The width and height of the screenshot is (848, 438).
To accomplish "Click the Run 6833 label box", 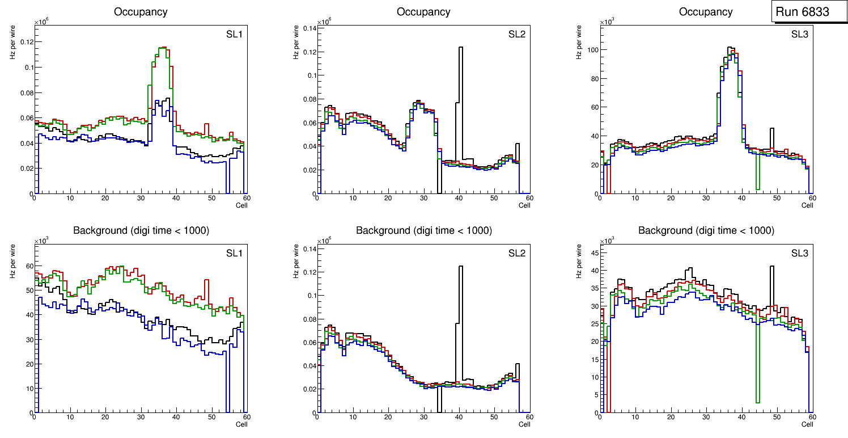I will [x=802, y=12].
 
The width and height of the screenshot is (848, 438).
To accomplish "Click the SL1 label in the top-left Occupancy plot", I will [x=234, y=34].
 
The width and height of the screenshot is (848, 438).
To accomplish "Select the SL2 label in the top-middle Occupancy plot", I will [x=517, y=34].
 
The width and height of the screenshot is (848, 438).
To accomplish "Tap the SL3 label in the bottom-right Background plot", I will [x=799, y=253].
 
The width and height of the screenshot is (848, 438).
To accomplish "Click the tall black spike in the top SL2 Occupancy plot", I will [x=460, y=79].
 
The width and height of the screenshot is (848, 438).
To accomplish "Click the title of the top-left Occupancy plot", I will [x=141, y=11].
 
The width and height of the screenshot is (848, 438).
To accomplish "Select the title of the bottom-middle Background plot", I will [x=423, y=230].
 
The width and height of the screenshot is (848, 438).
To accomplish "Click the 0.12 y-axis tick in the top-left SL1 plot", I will [x=25, y=42].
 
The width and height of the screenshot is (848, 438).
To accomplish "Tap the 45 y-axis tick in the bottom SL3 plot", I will [x=590, y=253].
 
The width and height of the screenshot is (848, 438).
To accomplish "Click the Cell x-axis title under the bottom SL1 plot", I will [x=241, y=424].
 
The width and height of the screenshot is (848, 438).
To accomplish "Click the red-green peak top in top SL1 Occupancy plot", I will [x=162, y=49].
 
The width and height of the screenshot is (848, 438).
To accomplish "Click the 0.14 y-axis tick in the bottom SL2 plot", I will [x=307, y=249].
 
